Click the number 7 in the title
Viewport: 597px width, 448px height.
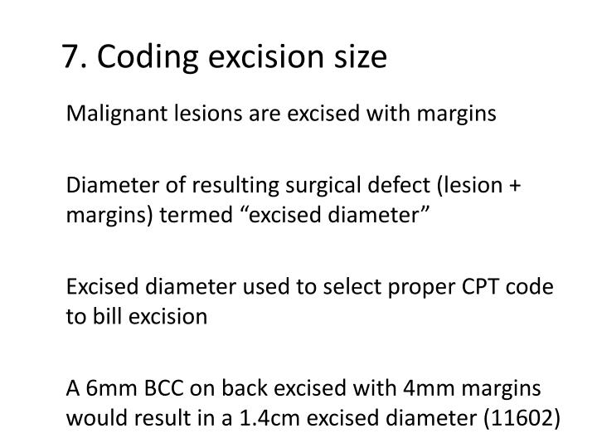pos(70,57)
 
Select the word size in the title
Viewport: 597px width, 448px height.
pos(361,57)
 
